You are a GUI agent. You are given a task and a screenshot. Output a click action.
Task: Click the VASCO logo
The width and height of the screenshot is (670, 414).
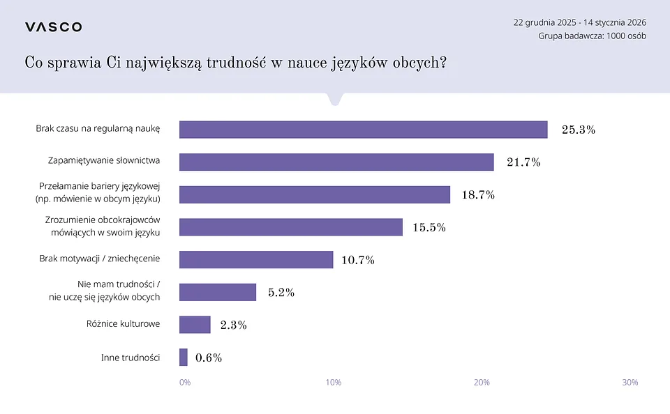point(54,27)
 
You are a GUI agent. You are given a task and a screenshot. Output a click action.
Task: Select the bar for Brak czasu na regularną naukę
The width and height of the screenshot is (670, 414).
point(363,130)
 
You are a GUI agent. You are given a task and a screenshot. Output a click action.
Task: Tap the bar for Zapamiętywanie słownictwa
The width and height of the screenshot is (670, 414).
point(336,162)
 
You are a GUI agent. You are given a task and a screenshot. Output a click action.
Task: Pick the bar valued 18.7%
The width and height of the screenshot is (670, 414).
point(315,194)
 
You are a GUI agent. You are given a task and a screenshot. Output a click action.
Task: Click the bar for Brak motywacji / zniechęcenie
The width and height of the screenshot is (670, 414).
point(256,259)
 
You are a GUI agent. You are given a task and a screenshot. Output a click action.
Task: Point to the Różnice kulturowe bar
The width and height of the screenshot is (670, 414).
point(195,325)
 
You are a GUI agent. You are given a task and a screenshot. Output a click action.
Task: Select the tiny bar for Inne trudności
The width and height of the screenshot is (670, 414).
point(184,357)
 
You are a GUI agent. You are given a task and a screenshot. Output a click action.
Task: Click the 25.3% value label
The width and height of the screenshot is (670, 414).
point(579,130)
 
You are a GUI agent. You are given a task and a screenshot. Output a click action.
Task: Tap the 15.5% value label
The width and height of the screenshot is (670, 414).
point(429,227)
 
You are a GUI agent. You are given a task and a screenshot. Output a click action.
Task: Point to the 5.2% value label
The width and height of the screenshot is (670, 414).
point(281,293)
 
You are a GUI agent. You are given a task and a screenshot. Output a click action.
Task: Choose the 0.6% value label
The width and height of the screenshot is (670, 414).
point(209,358)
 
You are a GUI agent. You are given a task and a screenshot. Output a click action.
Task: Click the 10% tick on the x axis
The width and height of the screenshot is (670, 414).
point(334,383)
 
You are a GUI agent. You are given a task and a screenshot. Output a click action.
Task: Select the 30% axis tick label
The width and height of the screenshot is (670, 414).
point(630,383)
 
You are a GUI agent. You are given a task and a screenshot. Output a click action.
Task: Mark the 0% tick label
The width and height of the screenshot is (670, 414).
point(184,383)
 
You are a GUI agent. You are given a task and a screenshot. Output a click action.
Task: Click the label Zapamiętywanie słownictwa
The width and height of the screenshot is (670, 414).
point(104,160)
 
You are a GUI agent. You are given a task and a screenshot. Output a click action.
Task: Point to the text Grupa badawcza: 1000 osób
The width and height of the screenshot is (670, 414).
point(592,36)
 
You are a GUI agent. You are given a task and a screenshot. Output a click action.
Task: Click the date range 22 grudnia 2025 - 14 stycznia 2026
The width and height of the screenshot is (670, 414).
point(579,22)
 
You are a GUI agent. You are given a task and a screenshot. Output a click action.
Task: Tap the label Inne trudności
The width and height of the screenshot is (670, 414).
point(131,358)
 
